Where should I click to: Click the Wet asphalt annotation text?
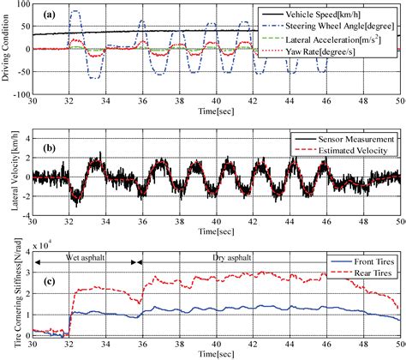tap(76, 255)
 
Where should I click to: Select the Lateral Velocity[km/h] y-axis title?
tap(7, 177)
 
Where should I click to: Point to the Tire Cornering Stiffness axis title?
tap(7, 297)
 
